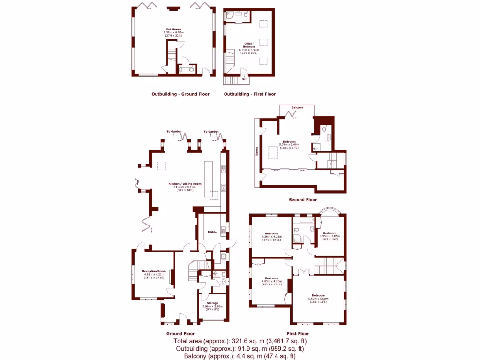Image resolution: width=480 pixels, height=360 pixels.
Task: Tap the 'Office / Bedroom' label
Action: [249, 45]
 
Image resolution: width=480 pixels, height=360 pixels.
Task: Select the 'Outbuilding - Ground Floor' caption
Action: [180, 94]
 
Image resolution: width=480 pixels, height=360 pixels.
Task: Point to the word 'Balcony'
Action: [297, 108]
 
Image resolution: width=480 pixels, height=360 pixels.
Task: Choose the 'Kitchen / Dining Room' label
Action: [185, 184]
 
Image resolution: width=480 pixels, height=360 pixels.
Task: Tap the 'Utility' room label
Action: [212, 232]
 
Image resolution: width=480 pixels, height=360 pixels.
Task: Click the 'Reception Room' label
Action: [155, 271]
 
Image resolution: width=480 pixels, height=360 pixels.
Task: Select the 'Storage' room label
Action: [212, 303]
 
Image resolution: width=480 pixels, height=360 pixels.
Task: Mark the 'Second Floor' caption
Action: [303, 200]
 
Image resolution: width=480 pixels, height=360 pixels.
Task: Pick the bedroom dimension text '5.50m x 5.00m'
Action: [318, 299]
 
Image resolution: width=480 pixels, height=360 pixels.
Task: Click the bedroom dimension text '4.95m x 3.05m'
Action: [330, 236]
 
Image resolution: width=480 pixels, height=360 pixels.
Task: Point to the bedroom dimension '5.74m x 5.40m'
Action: [289, 144]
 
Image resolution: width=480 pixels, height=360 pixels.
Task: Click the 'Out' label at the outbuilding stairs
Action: [244, 79]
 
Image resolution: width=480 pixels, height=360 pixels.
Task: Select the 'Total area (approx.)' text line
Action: [240, 341]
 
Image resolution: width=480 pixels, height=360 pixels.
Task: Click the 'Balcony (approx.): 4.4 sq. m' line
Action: [240, 356]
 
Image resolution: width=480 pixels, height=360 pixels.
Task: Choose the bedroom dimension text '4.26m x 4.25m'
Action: [271, 237]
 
